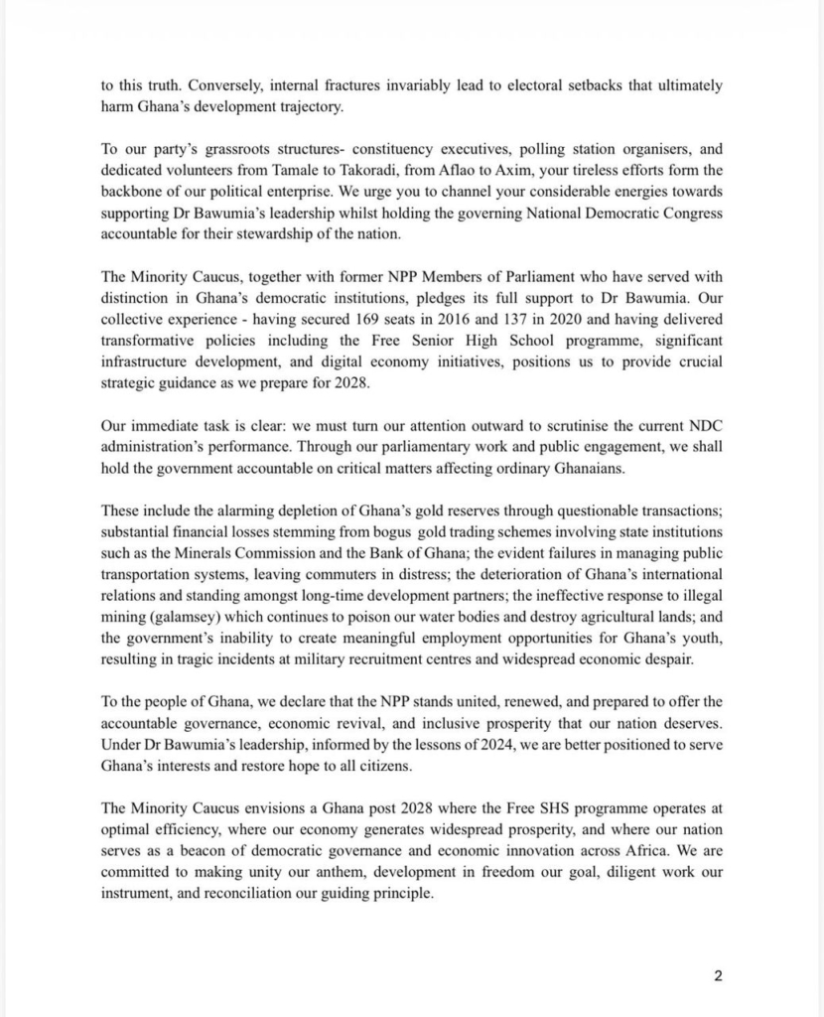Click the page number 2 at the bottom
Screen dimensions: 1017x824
click(x=717, y=975)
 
